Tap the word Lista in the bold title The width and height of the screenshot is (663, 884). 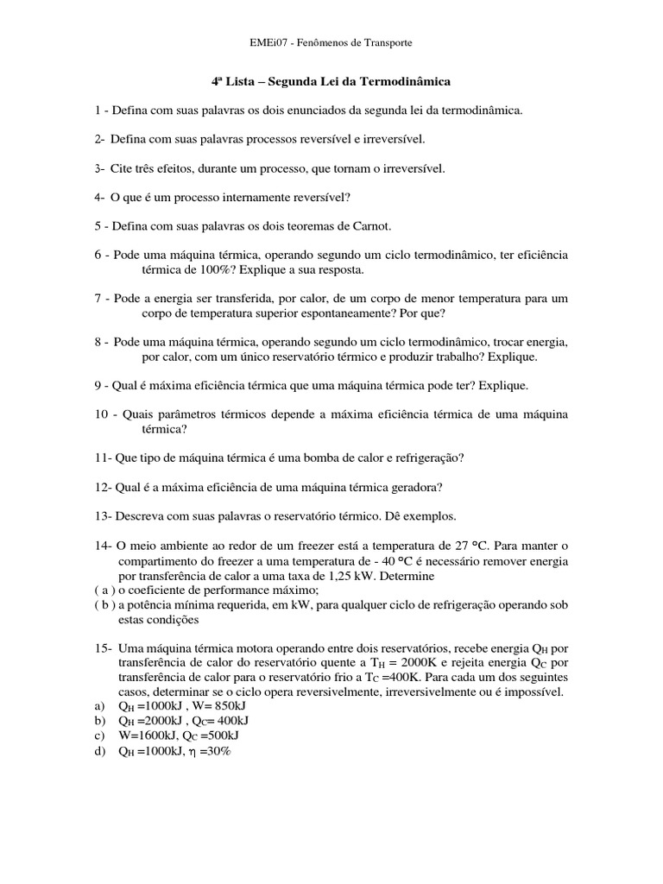click(243, 82)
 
